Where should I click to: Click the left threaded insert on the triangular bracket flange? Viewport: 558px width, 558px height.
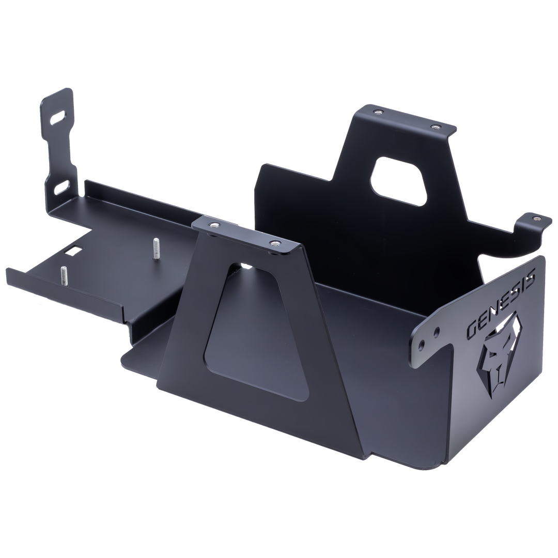[x=213, y=225]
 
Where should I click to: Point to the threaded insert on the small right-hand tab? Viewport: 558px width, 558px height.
[x=538, y=219]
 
